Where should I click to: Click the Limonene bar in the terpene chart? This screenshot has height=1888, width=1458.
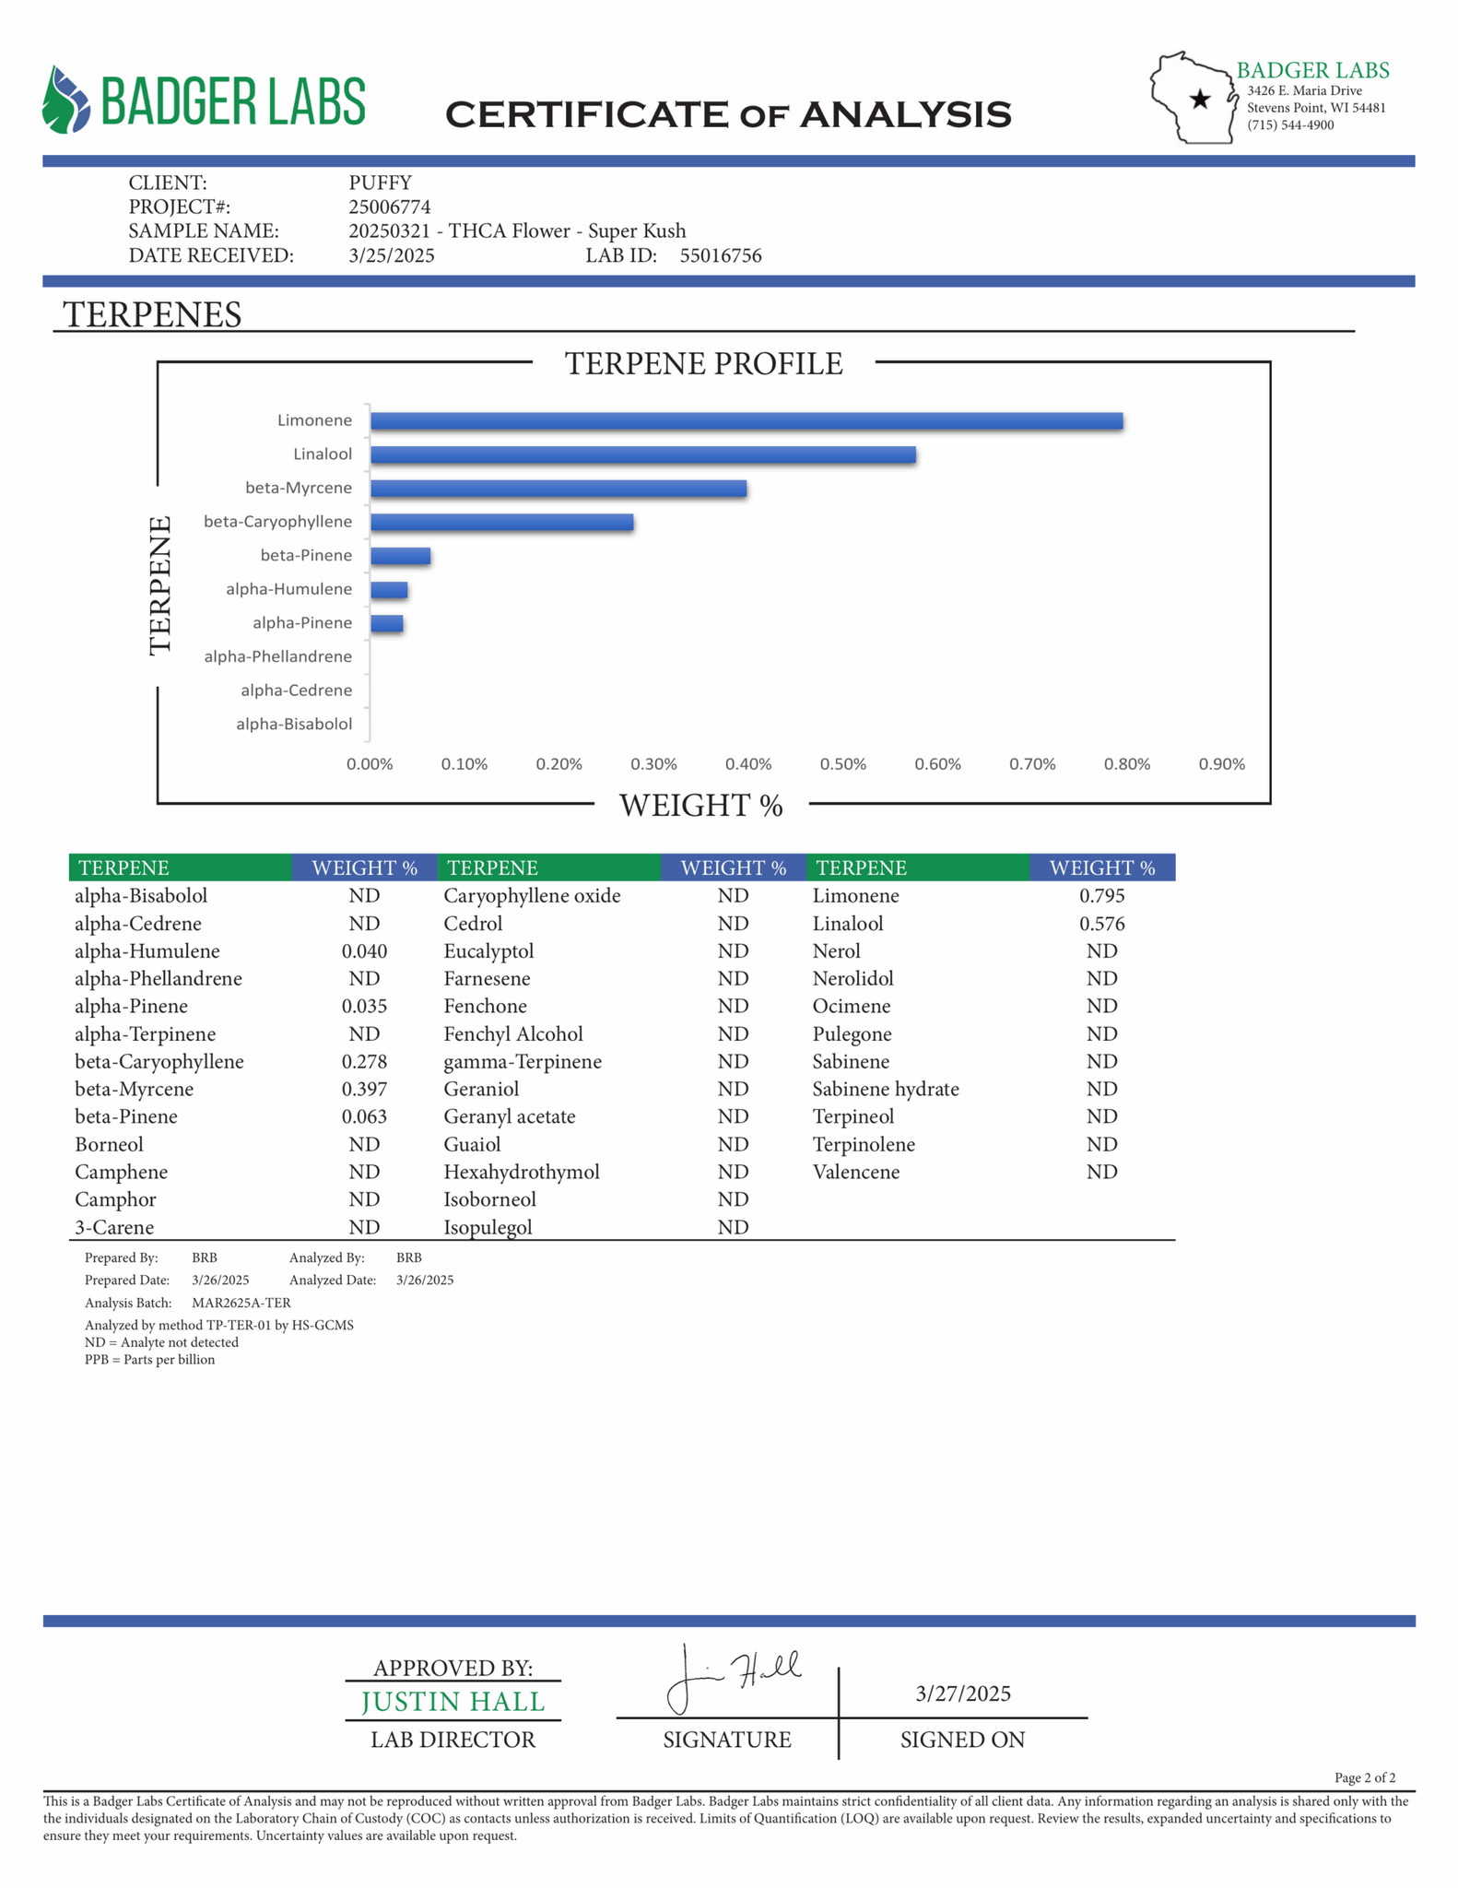(x=746, y=421)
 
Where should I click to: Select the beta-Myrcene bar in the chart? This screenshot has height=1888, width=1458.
(x=558, y=489)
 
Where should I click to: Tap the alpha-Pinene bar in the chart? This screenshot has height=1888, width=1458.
(x=386, y=624)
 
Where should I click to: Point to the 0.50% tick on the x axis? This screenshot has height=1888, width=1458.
(x=842, y=764)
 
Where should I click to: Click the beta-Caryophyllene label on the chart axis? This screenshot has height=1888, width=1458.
(x=277, y=522)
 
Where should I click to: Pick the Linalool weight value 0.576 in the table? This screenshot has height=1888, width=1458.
(x=1101, y=924)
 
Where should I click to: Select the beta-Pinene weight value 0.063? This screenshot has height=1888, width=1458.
(x=364, y=1116)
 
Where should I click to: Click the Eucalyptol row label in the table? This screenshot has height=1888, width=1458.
(x=488, y=951)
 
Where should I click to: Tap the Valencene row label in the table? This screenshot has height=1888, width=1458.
(x=855, y=1172)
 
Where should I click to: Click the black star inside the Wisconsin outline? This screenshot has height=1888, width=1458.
(x=1199, y=100)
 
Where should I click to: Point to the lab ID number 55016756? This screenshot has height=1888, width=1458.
(x=721, y=256)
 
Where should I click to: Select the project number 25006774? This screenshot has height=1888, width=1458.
(x=389, y=207)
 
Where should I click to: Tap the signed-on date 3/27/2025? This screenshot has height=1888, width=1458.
(x=962, y=1693)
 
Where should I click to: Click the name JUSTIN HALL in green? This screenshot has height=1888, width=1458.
(x=453, y=1702)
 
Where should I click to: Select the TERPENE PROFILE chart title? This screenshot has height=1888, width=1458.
(x=703, y=364)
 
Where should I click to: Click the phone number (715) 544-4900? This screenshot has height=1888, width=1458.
(x=1290, y=125)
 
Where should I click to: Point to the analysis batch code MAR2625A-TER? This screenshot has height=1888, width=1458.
(x=241, y=1303)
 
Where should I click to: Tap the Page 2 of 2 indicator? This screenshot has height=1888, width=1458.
(x=1364, y=1777)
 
